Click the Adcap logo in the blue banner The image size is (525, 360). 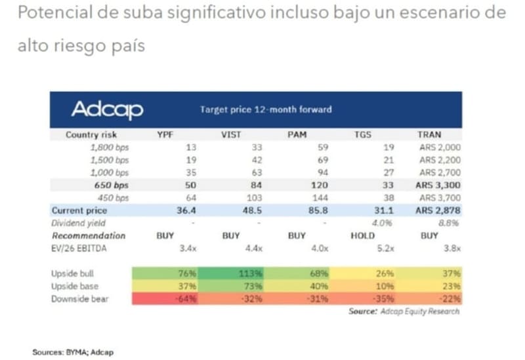click(106, 110)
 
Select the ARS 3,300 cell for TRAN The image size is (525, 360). click(437, 186)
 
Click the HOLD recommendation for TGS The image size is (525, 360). click(363, 235)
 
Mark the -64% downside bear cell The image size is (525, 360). click(184, 298)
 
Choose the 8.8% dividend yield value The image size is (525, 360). click(450, 223)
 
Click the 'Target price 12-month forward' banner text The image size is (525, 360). click(265, 110)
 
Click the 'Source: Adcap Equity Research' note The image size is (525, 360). click(404, 311)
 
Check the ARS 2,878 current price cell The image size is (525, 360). click(438, 211)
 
